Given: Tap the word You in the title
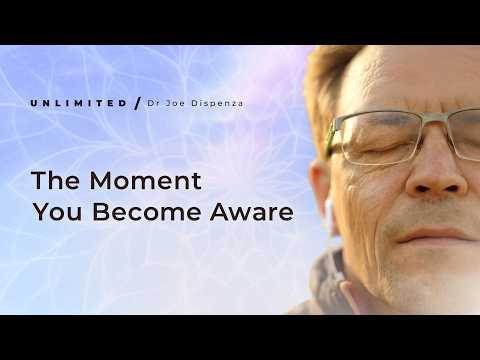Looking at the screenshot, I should (x=56, y=212).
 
